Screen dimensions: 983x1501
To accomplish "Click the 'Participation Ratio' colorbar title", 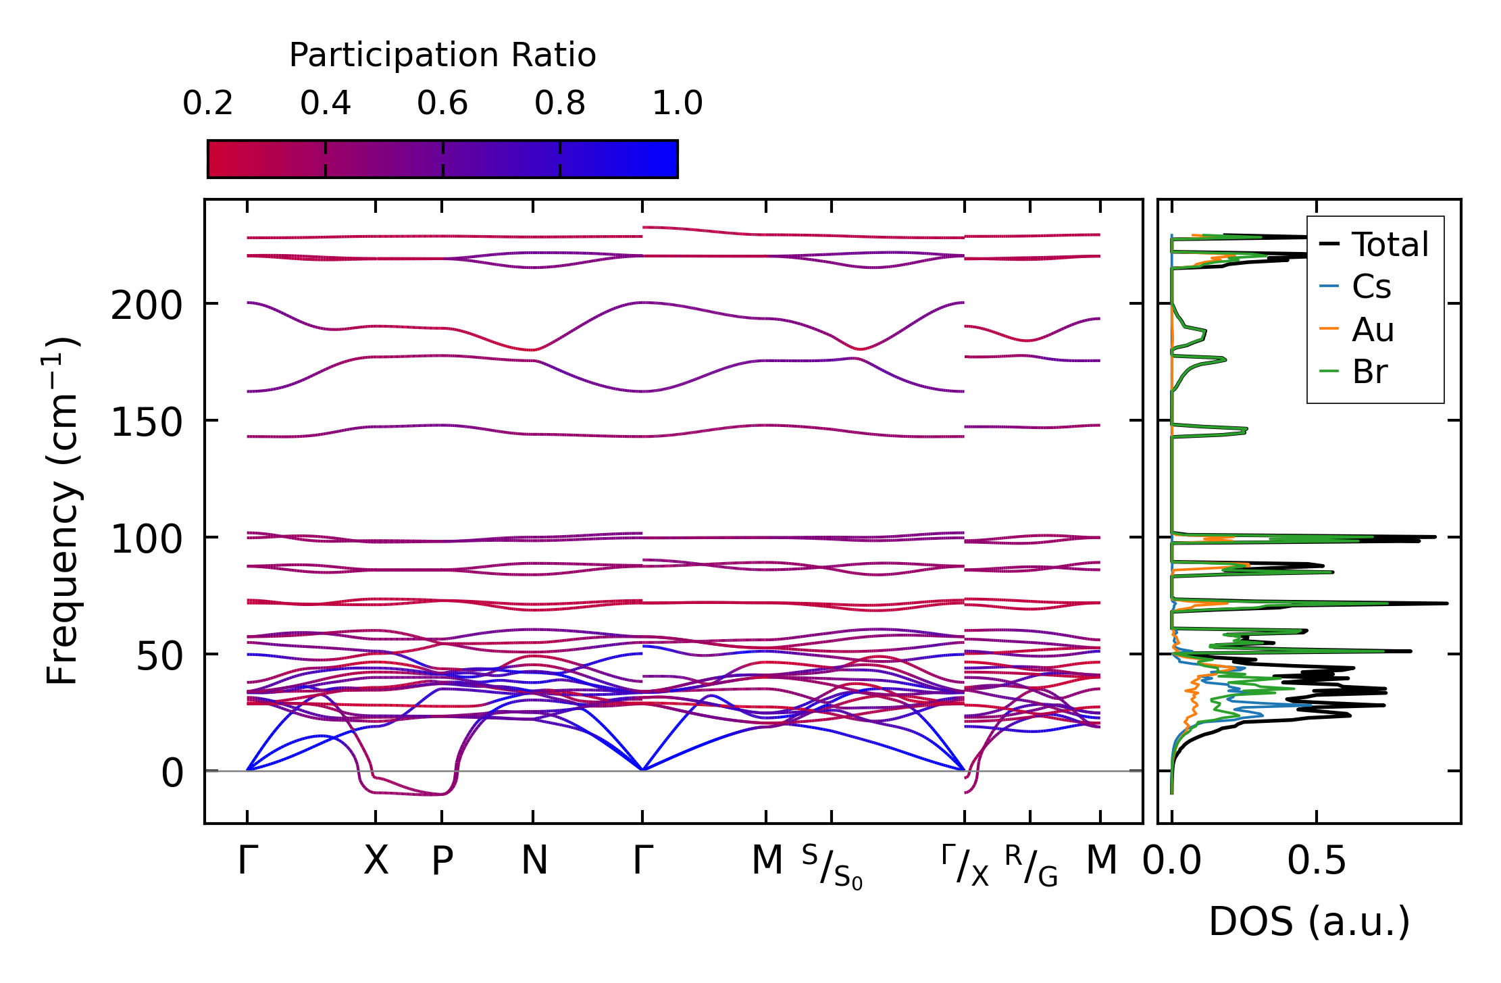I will pos(442,55).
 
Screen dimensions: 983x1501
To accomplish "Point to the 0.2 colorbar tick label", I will pos(207,103).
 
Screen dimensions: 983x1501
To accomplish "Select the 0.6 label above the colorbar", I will pos(442,103).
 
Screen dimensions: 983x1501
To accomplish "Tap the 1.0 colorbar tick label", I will pos(678,103).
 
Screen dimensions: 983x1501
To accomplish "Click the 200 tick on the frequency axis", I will pos(147,306).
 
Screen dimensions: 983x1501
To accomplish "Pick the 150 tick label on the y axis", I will pos(147,424).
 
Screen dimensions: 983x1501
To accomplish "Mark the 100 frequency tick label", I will pos(147,540).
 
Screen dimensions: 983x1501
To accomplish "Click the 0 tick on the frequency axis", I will pos(172,774).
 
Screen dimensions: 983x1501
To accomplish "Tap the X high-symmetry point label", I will pos(376,861).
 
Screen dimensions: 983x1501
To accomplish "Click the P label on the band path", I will pos(442,861).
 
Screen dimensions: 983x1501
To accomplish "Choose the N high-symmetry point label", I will pos(534,861).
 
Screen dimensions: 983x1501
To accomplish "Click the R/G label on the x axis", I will pos(1031,865).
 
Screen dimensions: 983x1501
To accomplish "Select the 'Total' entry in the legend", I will pos(1390,245).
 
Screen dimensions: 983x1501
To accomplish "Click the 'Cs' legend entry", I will pos(1371,287).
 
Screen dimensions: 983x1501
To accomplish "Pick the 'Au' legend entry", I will pos(1373,330).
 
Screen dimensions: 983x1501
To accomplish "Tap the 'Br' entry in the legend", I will pos(1370,372).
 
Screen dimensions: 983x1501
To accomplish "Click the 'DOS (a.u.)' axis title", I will pos(1309,922).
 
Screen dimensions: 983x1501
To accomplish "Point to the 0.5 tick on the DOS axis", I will pos(1317,861).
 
